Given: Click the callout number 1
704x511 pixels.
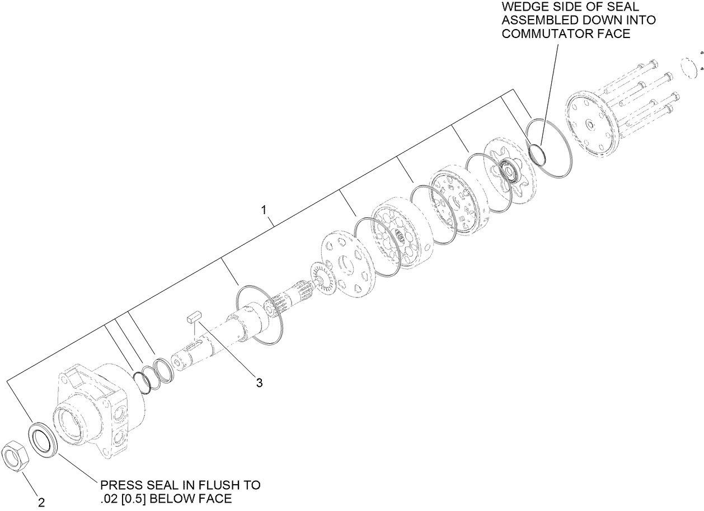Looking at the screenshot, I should (263, 210).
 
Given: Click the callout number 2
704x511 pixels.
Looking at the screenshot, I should (41, 501).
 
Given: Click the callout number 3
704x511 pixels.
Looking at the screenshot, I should (259, 383).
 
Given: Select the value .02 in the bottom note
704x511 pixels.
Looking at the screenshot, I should (109, 498).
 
